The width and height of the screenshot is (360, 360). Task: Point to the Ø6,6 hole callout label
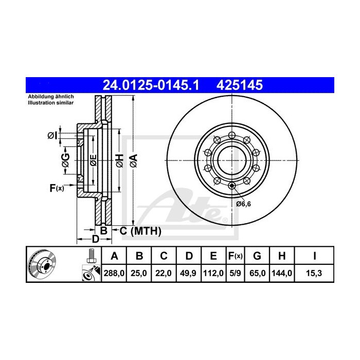pos(244,204)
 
